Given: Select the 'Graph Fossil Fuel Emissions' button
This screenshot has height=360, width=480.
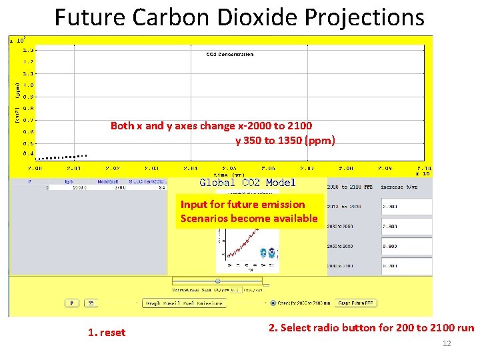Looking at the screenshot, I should click(185, 303).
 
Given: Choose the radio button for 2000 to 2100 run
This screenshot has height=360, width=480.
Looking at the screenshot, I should click(273, 303).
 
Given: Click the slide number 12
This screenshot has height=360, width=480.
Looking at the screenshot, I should click(447, 343).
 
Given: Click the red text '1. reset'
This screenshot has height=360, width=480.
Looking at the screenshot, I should click(107, 332).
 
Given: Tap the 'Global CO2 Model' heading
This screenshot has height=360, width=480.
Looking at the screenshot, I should click(247, 183).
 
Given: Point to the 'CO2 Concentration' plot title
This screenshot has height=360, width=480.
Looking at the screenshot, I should click(229, 55).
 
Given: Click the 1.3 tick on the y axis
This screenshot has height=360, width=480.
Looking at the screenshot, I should click(29, 49).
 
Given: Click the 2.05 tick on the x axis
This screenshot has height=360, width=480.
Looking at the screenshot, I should click(229, 168).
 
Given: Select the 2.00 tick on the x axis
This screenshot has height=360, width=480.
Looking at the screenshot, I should click(34, 168).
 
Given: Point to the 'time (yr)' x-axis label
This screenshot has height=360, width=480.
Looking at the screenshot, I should click(229, 175).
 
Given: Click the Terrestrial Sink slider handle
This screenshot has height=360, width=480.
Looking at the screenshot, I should click(217, 281).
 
